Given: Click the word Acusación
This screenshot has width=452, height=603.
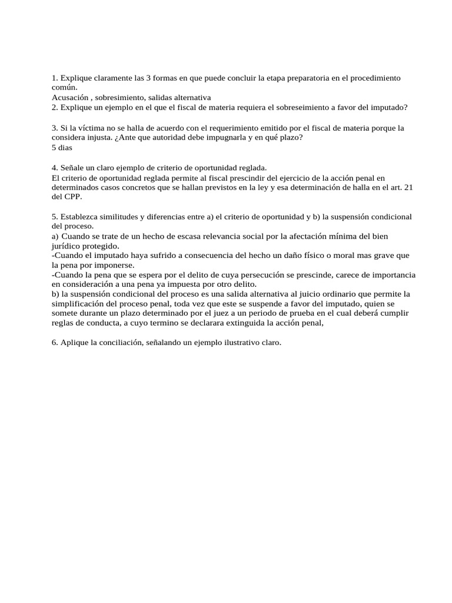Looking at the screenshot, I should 70,97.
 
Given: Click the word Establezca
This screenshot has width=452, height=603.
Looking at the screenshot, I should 81,217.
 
